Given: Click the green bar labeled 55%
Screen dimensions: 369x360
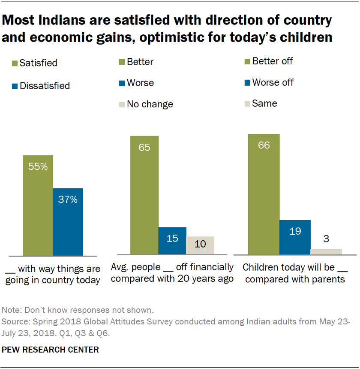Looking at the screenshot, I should point(38,205).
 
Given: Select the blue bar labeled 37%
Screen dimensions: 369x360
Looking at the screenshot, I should point(68,221).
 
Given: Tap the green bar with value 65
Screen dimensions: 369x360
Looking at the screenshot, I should point(144,195).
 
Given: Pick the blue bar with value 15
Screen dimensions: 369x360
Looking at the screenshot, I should point(172,241).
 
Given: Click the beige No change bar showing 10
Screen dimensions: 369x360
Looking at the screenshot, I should point(200,245).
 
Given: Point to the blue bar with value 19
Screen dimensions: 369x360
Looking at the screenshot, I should point(295,237).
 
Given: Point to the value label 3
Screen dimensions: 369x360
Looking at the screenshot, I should point(326,239).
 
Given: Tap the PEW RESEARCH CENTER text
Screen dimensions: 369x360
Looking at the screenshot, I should point(50,350).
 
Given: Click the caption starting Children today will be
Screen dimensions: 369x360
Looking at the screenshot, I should point(294,273).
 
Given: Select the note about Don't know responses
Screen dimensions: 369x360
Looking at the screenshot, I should point(78,310).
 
